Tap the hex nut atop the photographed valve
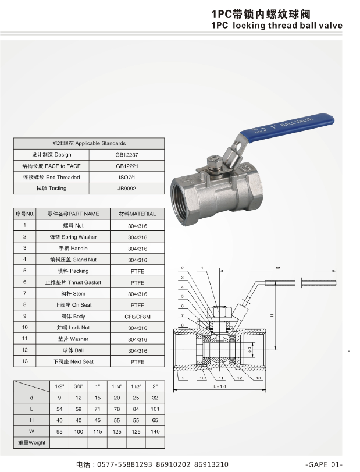click(214, 162)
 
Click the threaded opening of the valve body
click(184, 201)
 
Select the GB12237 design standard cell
click(127, 155)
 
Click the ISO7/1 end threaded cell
click(127, 178)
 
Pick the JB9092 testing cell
click(127, 189)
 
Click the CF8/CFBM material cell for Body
click(137, 317)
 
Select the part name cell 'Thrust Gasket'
click(73, 282)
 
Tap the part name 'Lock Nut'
click(73, 328)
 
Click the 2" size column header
click(155, 386)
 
